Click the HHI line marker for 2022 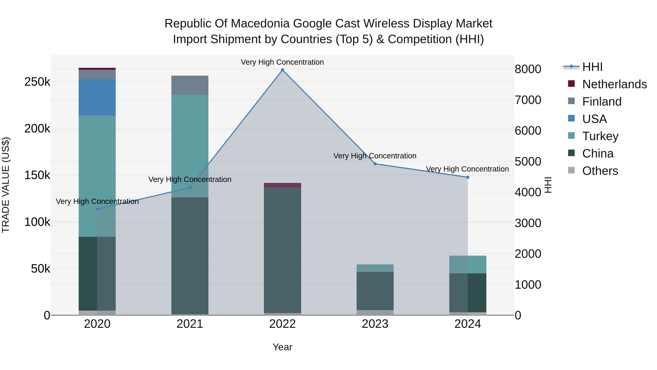point(282,70)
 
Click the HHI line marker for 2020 point(97,209)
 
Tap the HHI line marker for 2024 point(468,177)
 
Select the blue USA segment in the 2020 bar point(97,97)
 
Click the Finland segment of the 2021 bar point(190,85)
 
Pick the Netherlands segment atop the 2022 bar point(282,185)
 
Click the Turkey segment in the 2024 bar point(468,265)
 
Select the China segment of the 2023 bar point(375,291)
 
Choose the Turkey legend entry point(600,136)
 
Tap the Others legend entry point(600,171)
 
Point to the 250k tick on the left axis point(37,82)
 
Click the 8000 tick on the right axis point(528,69)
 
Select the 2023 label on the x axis point(375,324)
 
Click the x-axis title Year point(282,347)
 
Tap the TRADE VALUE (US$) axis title point(6,185)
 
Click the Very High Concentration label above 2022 point(282,62)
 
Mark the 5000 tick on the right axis point(528,162)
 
